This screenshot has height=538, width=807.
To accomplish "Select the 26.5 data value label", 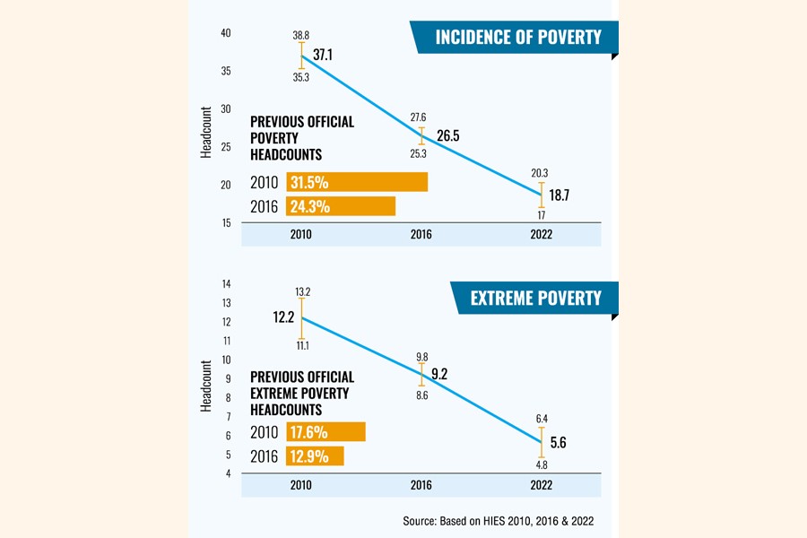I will pyautogui.click(x=448, y=136).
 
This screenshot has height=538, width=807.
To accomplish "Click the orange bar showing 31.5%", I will pyautogui.click(x=357, y=182).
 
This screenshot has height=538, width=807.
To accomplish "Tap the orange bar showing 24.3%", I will pyautogui.click(x=341, y=206).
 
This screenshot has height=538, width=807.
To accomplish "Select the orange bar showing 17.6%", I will pyautogui.click(x=325, y=431).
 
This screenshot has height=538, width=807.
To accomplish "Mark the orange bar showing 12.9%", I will pyautogui.click(x=315, y=456).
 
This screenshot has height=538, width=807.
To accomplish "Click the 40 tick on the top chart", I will pyautogui.click(x=226, y=33).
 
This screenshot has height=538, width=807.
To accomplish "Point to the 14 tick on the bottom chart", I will pyautogui.click(x=226, y=282).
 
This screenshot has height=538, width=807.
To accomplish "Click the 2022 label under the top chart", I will pyautogui.click(x=542, y=235).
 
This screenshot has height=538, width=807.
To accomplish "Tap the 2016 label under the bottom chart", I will pyautogui.click(x=421, y=485).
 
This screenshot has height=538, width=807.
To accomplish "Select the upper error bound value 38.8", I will pyautogui.click(x=301, y=35).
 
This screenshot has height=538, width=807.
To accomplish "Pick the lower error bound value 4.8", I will pyautogui.click(x=541, y=464).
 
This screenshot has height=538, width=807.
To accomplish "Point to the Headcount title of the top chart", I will pyautogui.click(x=205, y=134).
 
